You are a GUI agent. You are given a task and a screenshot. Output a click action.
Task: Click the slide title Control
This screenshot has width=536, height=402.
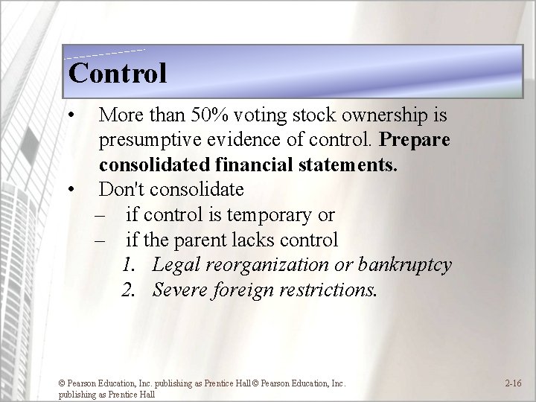point(117,73)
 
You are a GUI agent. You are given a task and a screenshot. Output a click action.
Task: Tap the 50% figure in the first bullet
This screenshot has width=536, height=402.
point(211,115)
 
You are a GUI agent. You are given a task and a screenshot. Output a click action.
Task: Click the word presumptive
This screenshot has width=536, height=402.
point(147,140)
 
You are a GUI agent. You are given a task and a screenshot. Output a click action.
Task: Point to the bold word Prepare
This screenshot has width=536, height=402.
point(415,140)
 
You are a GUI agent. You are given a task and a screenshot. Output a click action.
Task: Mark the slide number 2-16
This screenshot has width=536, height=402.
point(513,384)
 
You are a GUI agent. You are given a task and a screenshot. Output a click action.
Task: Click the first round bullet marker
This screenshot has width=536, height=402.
point(69,116)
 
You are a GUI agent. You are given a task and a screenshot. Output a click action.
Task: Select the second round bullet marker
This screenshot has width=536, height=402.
point(69,190)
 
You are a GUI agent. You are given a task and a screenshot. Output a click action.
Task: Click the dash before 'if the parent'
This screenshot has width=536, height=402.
point(102,240)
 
